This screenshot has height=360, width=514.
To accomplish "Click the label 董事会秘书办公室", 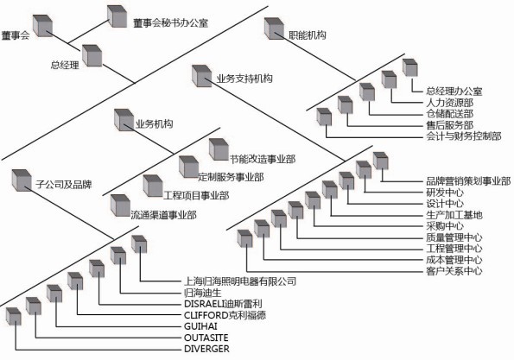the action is point(170,23).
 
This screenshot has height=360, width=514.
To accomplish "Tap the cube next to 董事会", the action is point(42,26).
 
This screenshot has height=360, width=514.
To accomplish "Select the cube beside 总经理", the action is point(92,56).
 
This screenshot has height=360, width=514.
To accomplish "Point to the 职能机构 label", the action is point(308,35).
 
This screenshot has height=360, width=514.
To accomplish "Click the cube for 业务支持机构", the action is point(201,76).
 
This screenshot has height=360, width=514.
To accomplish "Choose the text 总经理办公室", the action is point(454,91).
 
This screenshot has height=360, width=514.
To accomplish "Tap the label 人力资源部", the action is point(450,103).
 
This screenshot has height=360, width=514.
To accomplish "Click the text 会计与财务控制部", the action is point(464,136).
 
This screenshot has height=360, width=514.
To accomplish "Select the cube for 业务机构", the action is point(124,120).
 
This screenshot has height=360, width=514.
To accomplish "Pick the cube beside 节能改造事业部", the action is point(219,149).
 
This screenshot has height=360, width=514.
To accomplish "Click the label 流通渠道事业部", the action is point(163,215).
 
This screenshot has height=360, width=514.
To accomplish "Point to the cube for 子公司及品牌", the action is point(22,180).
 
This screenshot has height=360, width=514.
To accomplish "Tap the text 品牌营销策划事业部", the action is point(468,180).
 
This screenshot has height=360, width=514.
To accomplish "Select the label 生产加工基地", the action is point(454,215).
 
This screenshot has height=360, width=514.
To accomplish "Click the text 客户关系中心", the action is point(454,271).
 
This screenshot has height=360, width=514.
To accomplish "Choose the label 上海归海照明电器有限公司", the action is point(240,281).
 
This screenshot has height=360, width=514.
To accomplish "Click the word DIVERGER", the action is point(206,349).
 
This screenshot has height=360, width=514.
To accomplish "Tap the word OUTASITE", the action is point(206,338).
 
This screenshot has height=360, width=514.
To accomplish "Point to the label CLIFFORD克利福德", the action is point(225,315).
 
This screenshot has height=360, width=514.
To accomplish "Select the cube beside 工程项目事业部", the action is point(153,186).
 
